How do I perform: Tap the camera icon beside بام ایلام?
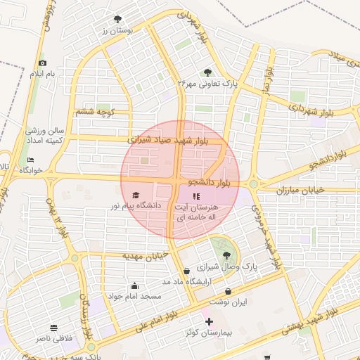(42, 64)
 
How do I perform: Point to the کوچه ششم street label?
(95, 111)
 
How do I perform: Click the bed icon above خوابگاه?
(30, 160)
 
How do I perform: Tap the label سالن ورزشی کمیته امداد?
(46, 136)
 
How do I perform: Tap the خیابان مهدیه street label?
(147, 255)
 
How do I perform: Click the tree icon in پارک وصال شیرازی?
(226, 256)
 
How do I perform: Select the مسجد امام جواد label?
(135, 296)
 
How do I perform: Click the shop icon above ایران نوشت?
(229, 291)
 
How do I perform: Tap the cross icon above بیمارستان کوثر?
(209, 321)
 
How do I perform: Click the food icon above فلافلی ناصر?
(53, 328)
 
